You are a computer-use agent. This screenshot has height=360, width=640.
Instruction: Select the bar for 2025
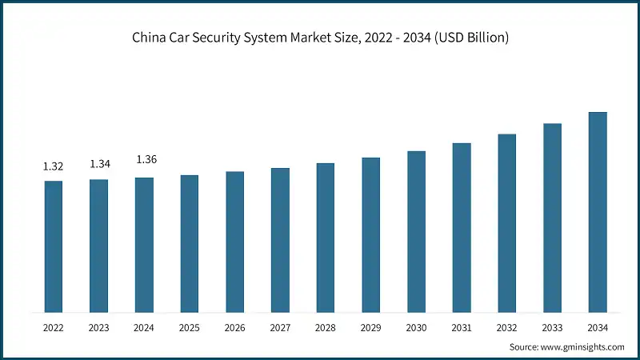coord(190,243)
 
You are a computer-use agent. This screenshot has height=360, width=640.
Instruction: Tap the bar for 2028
coord(326,238)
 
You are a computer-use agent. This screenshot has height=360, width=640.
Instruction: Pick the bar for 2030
coord(416,231)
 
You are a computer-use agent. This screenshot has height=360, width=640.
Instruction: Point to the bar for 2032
coord(507,223)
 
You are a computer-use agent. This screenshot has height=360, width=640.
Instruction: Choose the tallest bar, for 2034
coord(598,212)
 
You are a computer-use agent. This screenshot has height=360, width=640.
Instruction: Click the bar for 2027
coord(280,240)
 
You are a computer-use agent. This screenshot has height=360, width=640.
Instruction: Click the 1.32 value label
coord(54,166)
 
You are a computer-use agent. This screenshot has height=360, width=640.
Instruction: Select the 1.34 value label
coord(100,164)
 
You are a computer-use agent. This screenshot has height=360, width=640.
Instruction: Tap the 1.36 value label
coord(146,160)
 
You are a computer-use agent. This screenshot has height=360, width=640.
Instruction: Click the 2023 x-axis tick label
coord(99,327)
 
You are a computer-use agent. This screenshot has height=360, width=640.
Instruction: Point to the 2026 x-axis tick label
coord(235,327)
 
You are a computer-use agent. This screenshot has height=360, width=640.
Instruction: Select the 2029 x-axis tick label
coord(371,327)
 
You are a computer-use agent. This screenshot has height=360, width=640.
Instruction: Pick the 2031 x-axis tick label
coord(462,327)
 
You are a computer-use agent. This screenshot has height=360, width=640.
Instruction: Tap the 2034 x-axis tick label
coord(598,327)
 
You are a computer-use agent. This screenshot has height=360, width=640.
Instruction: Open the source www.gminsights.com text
coord(581,346)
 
